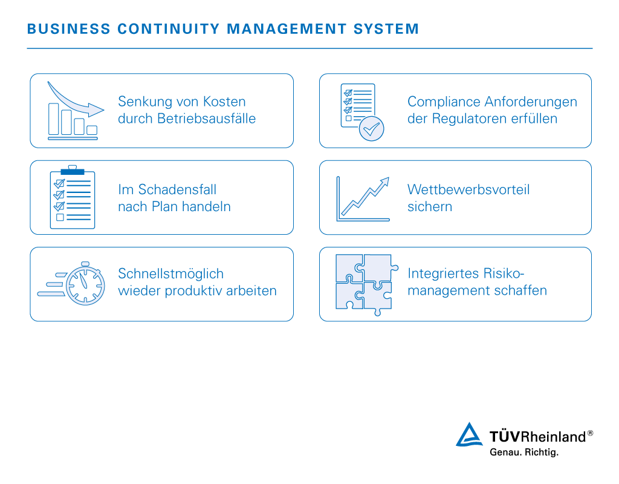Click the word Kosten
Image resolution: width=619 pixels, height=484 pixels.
[x=224, y=102]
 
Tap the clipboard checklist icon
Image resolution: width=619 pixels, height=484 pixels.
[x=73, y=197]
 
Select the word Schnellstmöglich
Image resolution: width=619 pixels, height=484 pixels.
[x=170, y=273]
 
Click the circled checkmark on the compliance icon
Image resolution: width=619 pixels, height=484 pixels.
[x=371, y=129]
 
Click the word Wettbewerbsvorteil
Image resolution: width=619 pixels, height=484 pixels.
[x=468, y=189]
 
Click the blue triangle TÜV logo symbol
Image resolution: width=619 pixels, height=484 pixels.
[x=469, y=436]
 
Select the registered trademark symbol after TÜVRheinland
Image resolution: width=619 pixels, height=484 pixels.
[x=590, y=433]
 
